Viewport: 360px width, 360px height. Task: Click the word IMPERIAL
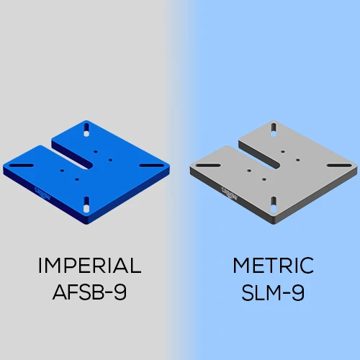click(x=89, y=266)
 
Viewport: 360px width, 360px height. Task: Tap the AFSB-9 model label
click(x=89, y=293)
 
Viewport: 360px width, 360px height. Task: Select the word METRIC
click(x=273, y=266)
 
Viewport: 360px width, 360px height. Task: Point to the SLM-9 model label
click(x=273, y=293)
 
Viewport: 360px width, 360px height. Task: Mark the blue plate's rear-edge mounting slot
click(x=87, y=130)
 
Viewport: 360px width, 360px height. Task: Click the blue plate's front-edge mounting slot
click(x=88, y=202)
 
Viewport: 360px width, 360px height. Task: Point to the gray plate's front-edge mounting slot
click(x=274, y=202)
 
